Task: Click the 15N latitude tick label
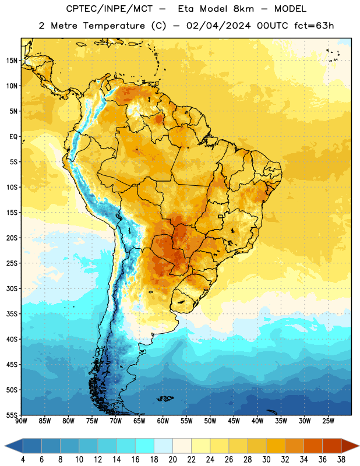(12, 61)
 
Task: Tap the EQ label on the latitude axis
(13, 137)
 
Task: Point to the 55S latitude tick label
(12, 415)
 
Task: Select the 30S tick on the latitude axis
(12, 288)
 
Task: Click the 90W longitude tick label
(21, 421)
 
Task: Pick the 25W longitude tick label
(328, 421)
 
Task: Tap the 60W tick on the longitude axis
(163, 421)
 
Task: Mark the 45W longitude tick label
(234, 421)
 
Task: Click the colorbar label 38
(341, 460)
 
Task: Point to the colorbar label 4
(23, 460)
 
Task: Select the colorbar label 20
(172, 460)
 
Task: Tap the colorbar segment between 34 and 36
(313, 446)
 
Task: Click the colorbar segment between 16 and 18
(145, 446)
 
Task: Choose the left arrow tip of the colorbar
(5, 446)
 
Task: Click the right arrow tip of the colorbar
(359, 446)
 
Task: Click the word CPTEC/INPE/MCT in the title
(110, 9)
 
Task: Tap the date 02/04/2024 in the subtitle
(218, 26)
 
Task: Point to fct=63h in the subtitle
(314, 26)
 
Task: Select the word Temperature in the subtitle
(114, 26)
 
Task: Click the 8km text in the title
(243, 9)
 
